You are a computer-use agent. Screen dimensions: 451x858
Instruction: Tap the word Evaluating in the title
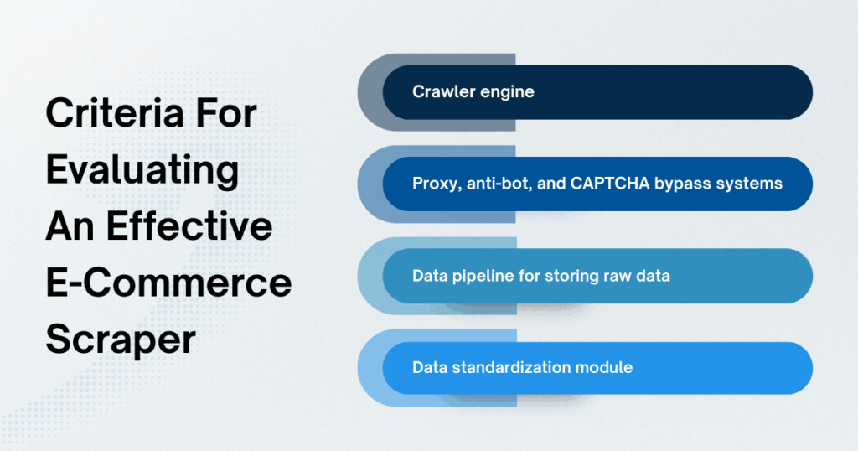142,170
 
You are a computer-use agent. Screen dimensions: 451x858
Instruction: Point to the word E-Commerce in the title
168,283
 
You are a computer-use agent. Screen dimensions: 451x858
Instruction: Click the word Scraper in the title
121,340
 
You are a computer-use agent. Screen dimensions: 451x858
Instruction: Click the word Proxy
433,184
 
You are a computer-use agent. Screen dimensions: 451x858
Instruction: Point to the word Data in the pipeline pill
429,275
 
